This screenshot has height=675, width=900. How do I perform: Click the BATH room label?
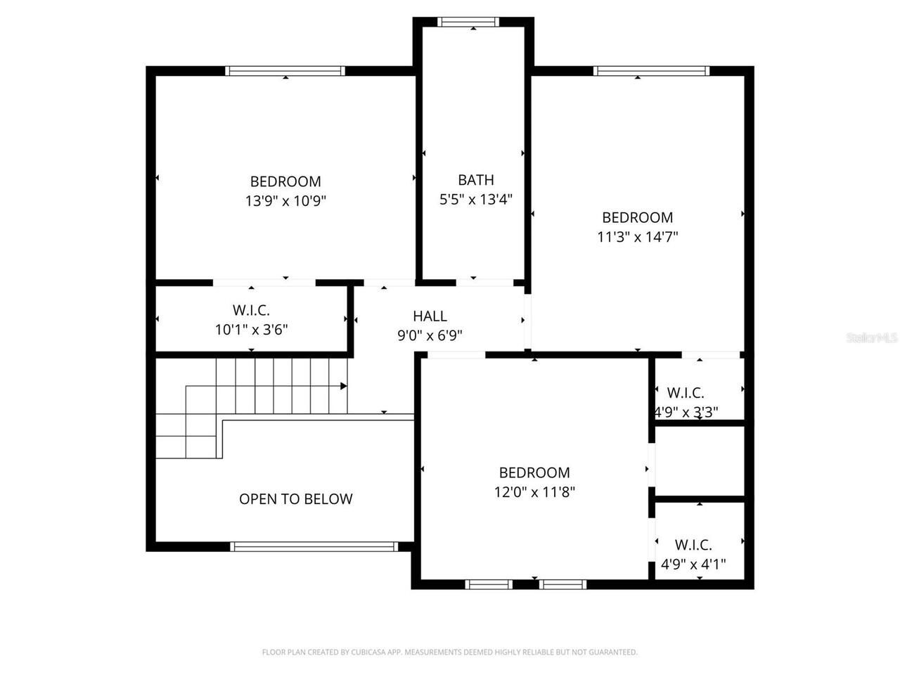(476, 180)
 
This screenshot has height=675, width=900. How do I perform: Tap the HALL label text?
(430, 316)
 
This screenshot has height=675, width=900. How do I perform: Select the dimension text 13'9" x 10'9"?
(285, 201)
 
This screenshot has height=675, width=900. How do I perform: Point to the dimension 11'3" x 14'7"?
(637, 237)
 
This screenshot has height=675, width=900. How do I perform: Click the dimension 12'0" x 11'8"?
(534, 492)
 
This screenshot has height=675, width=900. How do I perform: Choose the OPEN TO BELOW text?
(295, 499)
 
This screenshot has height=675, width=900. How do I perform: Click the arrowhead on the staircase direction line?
(344, 386)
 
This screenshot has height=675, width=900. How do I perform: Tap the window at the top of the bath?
(468, 22)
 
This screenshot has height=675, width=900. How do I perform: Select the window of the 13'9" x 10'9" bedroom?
(285, 70)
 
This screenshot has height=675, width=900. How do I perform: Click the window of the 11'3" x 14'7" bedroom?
(651, 70)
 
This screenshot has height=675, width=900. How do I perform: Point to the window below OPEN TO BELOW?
(314, 546)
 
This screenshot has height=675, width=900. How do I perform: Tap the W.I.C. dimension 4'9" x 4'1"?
(693, 564)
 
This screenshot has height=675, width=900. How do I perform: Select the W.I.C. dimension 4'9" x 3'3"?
(686, 412)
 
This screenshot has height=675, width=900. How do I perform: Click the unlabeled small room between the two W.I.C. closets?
(700, 461)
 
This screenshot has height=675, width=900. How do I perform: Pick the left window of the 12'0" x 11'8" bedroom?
(489, 584)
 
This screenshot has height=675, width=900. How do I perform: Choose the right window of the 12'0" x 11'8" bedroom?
(562, 584)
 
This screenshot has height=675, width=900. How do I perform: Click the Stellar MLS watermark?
(872, 338)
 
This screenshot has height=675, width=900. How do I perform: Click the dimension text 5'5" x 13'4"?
(476, 200)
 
